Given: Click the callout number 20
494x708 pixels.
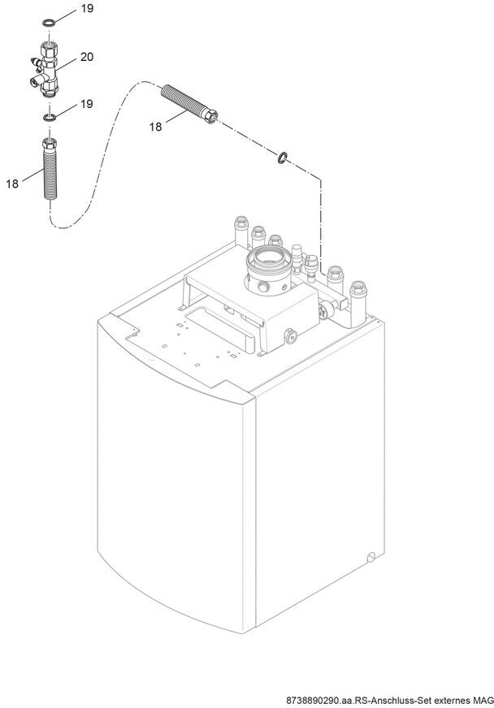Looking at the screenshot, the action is pos(87,57).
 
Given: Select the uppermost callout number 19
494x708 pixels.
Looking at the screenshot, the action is pos(87,9).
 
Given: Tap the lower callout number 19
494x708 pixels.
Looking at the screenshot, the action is pos(87,104).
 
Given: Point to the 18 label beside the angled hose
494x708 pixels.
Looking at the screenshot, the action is pos(155,127).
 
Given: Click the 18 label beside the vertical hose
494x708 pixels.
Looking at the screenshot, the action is pos(12,183).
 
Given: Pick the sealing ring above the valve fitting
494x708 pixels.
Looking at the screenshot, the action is pos(49,22).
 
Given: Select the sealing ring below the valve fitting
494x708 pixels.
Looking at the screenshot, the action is pos(50,118).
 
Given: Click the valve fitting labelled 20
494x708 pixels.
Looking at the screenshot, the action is pos(45,69).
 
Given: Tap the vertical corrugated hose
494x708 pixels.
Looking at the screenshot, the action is pos(50,170).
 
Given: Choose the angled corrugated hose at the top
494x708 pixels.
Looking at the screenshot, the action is pos(190,104).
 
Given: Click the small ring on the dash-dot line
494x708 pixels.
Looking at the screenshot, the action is pos(282,158).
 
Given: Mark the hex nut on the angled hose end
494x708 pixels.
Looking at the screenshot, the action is pos(210,116).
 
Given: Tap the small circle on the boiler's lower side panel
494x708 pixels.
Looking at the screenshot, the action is pos(370,557).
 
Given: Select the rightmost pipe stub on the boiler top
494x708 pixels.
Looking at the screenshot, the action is pos(357,303).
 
